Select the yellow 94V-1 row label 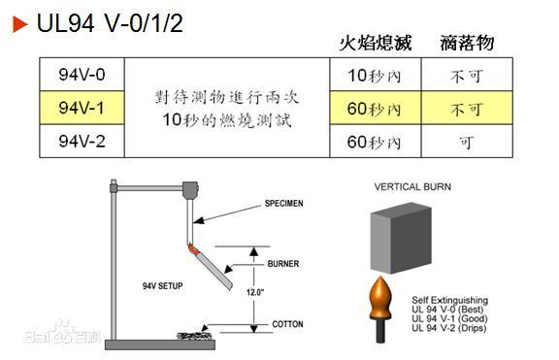(82, 108)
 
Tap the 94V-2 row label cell (82, 141)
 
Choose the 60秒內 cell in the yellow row (374, 109)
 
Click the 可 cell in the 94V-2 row (467, 142)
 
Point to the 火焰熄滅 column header (375, 43)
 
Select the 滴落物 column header (467, 43)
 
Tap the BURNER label (281, 263)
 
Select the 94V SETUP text (164, 286)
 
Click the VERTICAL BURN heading (412, 185)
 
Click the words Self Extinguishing (449, 300)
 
